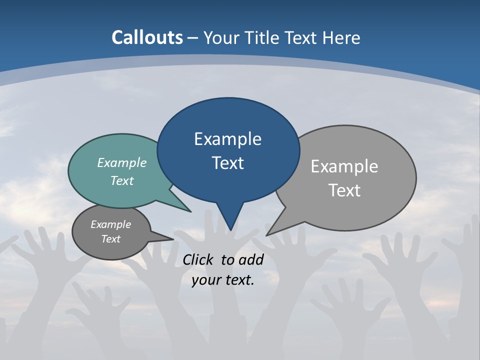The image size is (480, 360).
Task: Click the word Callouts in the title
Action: [147, 37]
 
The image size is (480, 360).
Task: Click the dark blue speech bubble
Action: [228, 120]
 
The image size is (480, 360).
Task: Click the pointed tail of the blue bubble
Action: [230, 222]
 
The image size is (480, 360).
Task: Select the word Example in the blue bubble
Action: [228, 139]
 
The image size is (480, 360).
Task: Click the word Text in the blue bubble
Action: [228, 163]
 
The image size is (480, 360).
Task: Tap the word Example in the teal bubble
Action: [122, 162]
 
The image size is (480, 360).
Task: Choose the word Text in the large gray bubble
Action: [345, 190]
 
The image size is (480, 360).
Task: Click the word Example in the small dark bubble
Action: [111, 224]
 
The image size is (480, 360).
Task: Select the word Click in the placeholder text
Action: [198, 259]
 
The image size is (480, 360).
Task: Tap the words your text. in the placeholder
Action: [223, 280]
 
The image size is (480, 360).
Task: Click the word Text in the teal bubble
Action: [122, 180]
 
